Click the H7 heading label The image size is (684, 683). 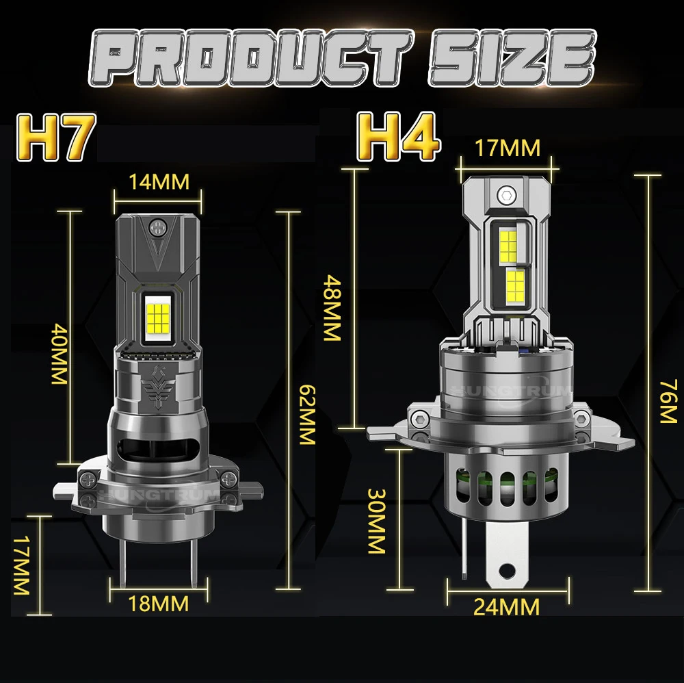click(55, 138)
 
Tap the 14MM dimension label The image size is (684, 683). click(159, 182)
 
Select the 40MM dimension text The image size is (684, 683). click(60, 354)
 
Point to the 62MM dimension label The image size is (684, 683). click(306, 415)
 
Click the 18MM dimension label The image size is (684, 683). click(159, 604)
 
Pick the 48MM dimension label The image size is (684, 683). click(332, 307)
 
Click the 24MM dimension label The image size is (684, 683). click(506, 606)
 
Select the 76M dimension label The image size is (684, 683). click(668, 402)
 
